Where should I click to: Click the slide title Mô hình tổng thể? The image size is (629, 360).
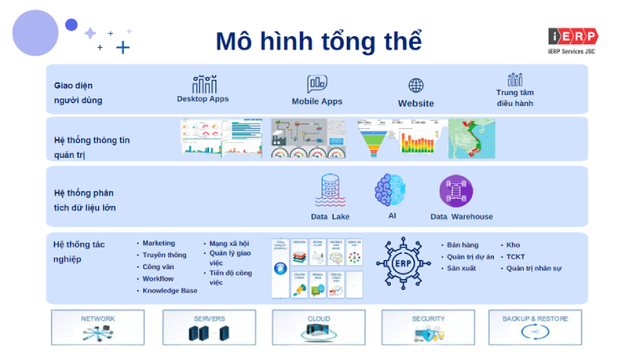[318, 40]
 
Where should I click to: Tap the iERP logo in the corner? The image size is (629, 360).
[573, 37]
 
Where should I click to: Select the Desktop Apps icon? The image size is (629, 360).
[204, 84]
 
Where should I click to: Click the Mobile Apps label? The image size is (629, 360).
[317, 101]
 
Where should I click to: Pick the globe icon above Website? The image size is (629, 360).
[416, 86]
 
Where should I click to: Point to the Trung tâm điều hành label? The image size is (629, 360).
[515, 97]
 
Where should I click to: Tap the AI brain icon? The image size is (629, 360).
[391, 190]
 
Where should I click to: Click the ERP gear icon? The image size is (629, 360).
[403, 263]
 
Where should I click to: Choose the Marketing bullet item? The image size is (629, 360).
[159, 244]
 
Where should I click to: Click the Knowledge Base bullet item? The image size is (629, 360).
[170, 291]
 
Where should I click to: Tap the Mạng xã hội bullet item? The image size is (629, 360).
[229, 244]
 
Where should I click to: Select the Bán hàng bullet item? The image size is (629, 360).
[462, 245]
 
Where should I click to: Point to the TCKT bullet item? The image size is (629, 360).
[515, 257]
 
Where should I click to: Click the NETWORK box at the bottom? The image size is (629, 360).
[98, 327]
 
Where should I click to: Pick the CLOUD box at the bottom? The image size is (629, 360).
[319, 327]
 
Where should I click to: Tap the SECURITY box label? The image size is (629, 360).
[429, 319]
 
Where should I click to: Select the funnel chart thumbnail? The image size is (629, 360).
[374, 139]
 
